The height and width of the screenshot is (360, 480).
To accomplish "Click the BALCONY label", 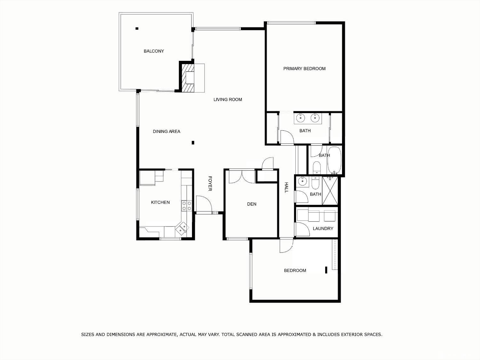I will pos(154,51).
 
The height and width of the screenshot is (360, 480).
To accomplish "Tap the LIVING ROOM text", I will pos(228,100).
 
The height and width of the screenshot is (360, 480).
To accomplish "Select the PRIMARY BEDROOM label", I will pos(304,69).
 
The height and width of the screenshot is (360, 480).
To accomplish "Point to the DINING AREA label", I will pos(166,131).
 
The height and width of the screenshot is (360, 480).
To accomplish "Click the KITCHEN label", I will pos(160,202).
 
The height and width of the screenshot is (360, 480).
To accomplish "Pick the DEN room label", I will pos(252,204).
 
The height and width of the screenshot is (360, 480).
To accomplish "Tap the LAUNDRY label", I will pos(323,228).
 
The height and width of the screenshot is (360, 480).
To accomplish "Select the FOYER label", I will pos(210,184).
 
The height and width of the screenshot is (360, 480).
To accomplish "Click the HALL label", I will pos(286,187).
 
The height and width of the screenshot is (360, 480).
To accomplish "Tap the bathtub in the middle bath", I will pos(334,160).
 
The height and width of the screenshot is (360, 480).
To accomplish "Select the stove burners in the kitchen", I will pos(187,206).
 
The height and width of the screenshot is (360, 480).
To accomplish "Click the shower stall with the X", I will pos(330,191).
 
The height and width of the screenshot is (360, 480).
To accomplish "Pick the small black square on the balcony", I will pos(137,29).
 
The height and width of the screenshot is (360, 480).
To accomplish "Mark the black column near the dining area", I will pos(193,143).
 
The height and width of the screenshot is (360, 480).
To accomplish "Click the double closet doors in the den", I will pos(242,176).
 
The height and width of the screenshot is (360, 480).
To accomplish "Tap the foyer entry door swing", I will pos(203,203).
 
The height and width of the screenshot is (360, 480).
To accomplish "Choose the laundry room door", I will pos(301,229).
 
